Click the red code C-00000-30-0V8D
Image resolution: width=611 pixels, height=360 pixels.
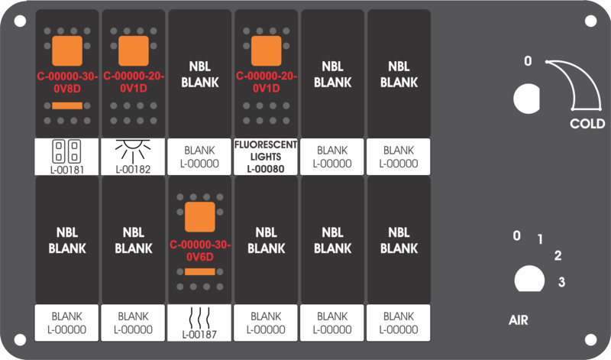tap(67, 83)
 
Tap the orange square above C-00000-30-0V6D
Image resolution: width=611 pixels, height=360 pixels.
tap(200, 217)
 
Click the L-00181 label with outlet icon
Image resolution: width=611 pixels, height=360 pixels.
tap(66, 157)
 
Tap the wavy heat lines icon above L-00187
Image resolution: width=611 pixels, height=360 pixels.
tap(199, 317)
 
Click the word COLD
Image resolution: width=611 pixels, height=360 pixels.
tap(587, 124)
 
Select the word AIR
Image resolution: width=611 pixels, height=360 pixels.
tap(519, 320)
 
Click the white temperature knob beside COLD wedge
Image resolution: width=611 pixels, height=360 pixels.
tap(526, 99)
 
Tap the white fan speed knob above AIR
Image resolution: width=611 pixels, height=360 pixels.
tap(529, 279)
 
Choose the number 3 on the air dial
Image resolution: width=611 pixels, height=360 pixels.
tap(561, 281)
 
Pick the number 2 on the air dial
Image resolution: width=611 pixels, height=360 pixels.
tap(558, 255)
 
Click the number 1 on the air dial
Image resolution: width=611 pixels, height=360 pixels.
tap(540, 239)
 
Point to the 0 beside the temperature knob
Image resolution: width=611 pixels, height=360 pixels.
tap(528, 61)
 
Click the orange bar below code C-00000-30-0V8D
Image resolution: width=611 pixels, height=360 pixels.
tap(67, 105)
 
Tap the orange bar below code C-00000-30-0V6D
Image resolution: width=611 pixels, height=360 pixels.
tap(200, 271)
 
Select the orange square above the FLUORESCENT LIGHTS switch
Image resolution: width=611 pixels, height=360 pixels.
tap(266, 51)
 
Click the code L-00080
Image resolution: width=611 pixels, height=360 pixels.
tap(266, 169)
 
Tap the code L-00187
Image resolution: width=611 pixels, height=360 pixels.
tap(199, 334)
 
